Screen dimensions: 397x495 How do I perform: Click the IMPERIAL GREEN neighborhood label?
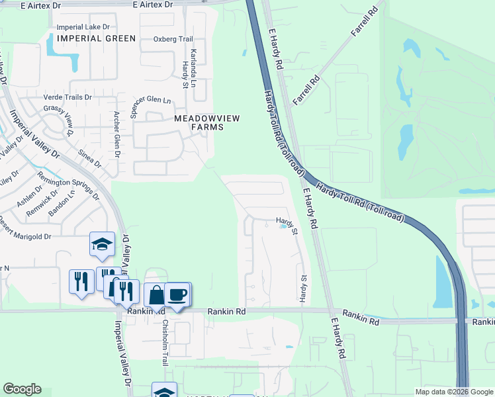coord(96,38)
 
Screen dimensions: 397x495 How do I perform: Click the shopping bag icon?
coord(156,295)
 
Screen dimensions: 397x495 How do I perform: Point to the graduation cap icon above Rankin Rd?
coord(102,244)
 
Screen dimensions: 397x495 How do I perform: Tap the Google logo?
coord(22,389)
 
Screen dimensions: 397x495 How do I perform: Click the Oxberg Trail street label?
coord(173,39)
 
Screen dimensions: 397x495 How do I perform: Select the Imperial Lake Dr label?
coord(83,27)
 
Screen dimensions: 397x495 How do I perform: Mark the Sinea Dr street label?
coord(90,159)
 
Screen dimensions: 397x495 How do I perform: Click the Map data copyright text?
coord(454,392)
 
